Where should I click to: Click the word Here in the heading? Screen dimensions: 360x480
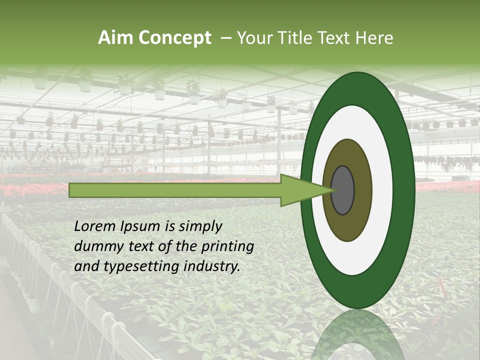coord(375,38)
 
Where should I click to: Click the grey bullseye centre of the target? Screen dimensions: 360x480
coord(342,190)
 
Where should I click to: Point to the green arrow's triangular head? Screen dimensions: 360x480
coord(300,190)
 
